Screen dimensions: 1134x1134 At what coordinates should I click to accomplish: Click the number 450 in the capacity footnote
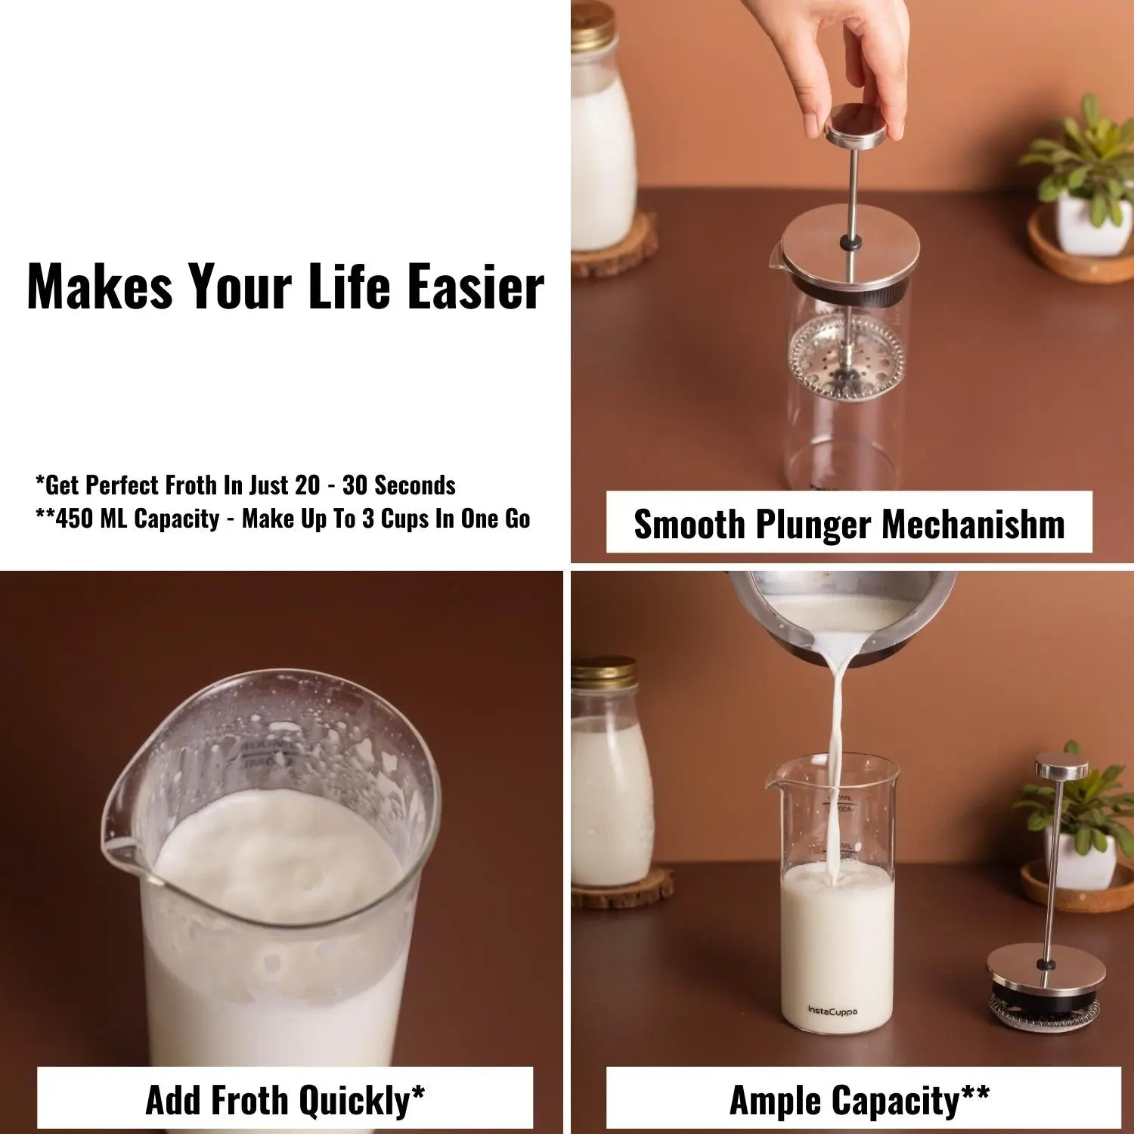click(x=73, y=519)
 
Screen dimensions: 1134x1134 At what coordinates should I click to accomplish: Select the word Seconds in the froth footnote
click(x=415, y=485)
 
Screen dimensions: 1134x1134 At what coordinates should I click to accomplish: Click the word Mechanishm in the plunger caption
click(x=974, y=524)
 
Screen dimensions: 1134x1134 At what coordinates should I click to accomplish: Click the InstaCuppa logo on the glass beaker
click(x=832, y=1011)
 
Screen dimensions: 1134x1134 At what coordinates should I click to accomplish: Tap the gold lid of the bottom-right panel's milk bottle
click(x=603, y=671)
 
